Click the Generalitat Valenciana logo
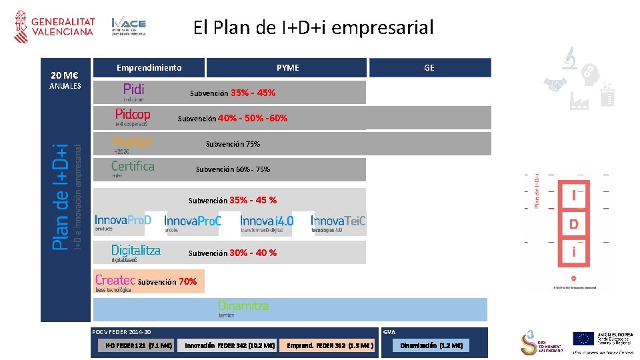click(55, 27)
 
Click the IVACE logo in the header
click(129, 26)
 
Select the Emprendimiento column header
click(149, 67)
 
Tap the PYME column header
click(287, 67)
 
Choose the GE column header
click(429, 67)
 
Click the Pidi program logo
click(134, 91)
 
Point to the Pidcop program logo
click(133, 117)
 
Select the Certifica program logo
click(133, 169)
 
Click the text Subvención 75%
click(233, 144)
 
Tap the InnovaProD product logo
click(123, 223)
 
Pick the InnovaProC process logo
click(193, 223)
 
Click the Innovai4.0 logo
click(267, 223)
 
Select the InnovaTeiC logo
click(338, 223)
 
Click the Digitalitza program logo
click(136, 253)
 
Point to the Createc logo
click(115, 281)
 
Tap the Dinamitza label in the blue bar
click(243, 308)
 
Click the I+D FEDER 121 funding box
click(138, 345)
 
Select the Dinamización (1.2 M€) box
click(431, 345)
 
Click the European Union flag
click(584, 339)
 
